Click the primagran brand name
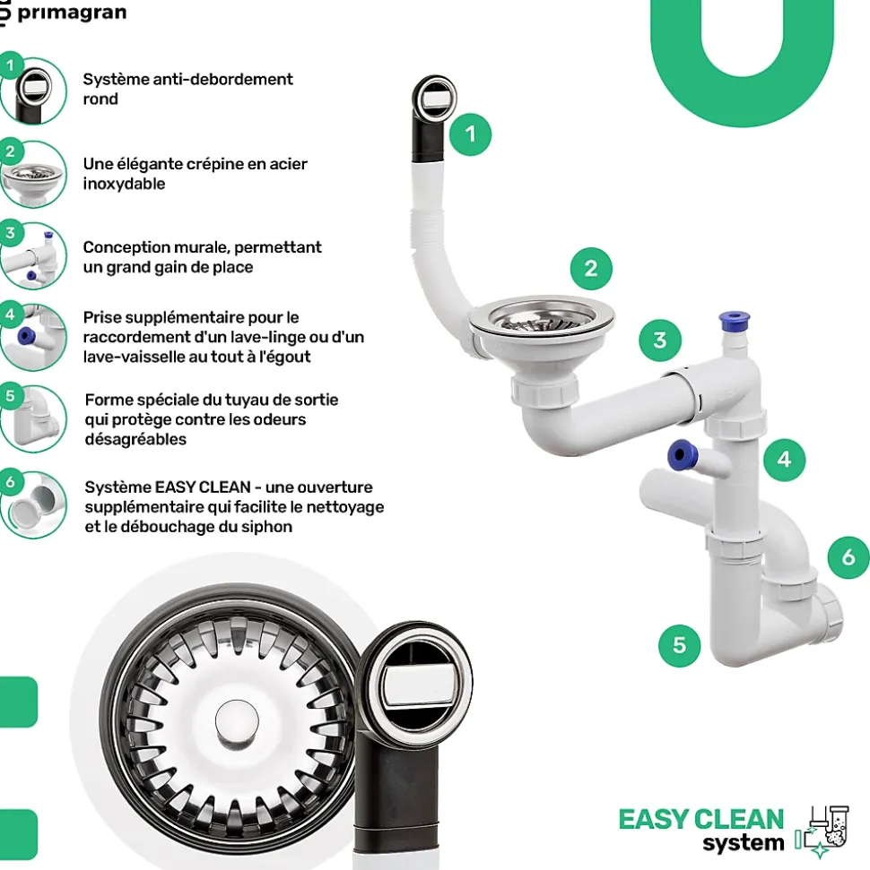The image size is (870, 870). (x=72, y=13)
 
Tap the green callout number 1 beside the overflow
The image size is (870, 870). (x=471, y=135)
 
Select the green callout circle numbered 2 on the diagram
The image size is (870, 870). (x=590, y=268)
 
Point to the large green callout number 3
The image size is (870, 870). (x=660, y=340)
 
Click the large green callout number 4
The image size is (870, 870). (x=785, y=459)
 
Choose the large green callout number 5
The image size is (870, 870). (x=679, y=644)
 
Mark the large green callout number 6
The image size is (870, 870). (x=848, y=557)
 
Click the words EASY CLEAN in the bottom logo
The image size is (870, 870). (x=700, y=819)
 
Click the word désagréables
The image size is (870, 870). (x=135, y=439)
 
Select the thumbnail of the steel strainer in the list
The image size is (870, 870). (x=33, y=173)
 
